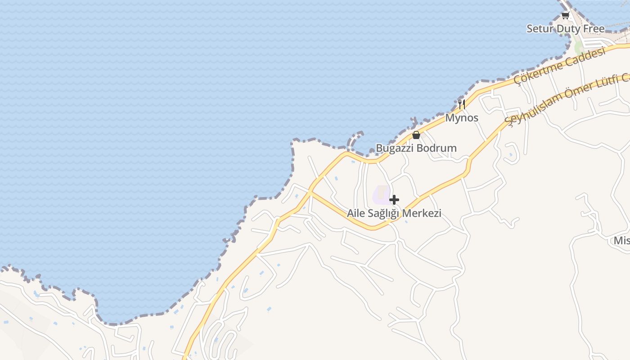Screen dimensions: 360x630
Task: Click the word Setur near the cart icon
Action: (540, 29)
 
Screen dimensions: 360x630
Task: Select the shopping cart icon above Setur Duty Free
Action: (565, 16)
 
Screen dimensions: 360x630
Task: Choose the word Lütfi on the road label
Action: (605, 83)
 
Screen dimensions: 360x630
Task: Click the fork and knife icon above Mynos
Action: (461, 105)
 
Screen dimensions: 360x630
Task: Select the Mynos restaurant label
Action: (462, 118)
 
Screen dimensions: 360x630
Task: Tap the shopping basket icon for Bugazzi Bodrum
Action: (416, 135)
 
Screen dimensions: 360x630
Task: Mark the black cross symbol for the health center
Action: (394, 199)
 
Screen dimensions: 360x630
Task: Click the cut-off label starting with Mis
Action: (621, 241)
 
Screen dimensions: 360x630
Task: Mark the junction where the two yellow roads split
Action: (311, 192)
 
